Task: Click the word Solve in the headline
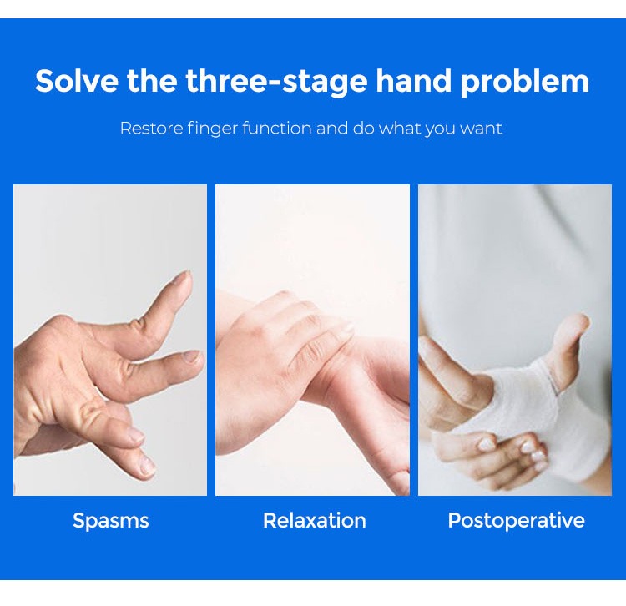click(x=77, y=81)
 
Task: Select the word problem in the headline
click(x=525, y=82)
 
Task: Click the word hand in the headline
click(x=414, y=81)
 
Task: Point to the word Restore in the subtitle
click(x=152, y=129)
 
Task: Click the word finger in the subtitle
click(x=212, y=129)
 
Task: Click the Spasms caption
click(x=110, y=521)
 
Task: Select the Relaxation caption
click(x=314, y=521)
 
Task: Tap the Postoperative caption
click(x=516, y=521)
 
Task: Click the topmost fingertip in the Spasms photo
click(x=184, y=275)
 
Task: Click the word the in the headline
click(x=152, y=81)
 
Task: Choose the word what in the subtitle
click(x=400, y=129)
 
